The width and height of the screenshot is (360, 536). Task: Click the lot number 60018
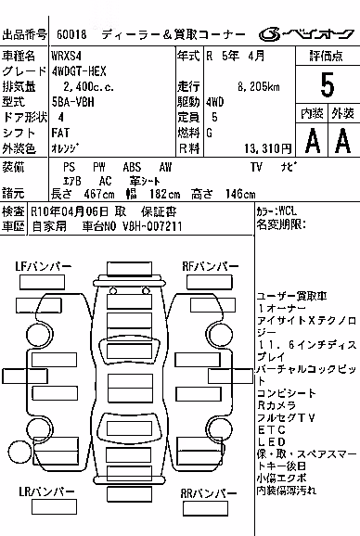pos(71,34)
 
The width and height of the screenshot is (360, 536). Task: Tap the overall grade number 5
pos(328,84)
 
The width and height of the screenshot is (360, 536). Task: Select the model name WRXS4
pos(66,56)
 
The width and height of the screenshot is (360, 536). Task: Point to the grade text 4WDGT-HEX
pos(79,71)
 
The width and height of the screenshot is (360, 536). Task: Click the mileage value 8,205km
pos(259,87)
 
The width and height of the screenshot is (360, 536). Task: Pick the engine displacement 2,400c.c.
pos(88,87)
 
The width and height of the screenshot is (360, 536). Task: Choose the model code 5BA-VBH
pos(72,102)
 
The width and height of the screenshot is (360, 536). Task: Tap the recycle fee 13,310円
pos(268,148)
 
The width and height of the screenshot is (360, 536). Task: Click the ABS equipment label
pos(132,167)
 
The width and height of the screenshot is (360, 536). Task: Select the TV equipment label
pos(256,167)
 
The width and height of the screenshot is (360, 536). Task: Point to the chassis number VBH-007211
pos(152,226)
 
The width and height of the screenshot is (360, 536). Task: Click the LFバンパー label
pos(44,266)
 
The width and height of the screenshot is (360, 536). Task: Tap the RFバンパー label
pos(211,266)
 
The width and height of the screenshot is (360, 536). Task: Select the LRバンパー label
pos(46,491)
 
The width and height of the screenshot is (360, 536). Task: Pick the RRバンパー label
pos(209,493)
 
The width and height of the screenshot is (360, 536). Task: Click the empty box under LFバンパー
pos(42,282)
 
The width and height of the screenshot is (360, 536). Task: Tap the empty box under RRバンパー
pos(205,509)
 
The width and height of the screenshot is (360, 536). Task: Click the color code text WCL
pos(288,211)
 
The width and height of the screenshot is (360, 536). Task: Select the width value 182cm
pos(165,194)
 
